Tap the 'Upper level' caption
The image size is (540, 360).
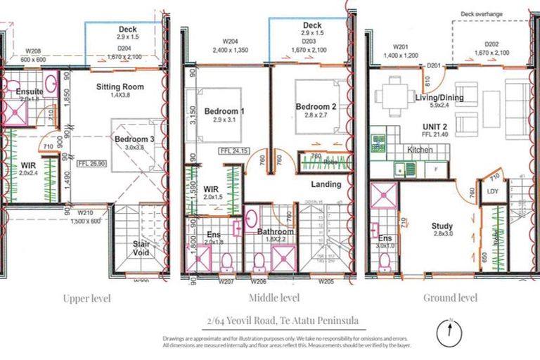coord(86,298)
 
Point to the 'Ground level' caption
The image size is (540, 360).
coord(450,297)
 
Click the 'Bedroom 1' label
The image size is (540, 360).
coord(224,111)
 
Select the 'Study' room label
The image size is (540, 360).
coord(442,226)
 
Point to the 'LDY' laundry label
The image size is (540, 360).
coord(490,191)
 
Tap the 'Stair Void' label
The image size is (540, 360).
coord(141,248)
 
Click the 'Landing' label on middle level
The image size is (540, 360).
coord(326,184)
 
